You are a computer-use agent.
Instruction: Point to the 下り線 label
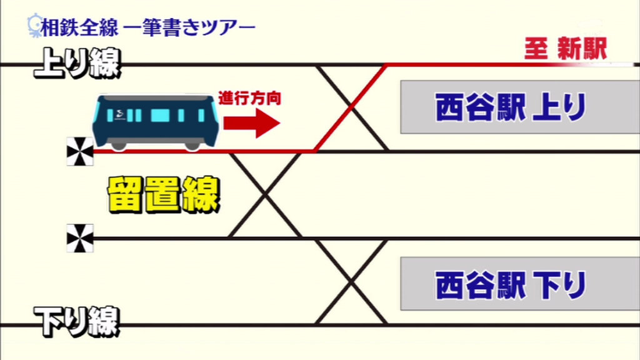tap(76, 322)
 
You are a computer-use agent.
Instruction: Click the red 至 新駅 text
tap(565, 49)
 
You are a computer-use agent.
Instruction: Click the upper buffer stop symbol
tap(80, 152)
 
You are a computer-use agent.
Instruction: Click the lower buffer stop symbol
tap(80, 238)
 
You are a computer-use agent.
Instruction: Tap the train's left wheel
tap(119, 146)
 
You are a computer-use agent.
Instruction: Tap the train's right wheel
tap(192, 146)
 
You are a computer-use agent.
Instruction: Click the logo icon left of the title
tap(34, 26)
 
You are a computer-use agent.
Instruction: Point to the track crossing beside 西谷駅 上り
tap(351, 107)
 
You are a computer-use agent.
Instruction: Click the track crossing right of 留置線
tap(265, 195)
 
